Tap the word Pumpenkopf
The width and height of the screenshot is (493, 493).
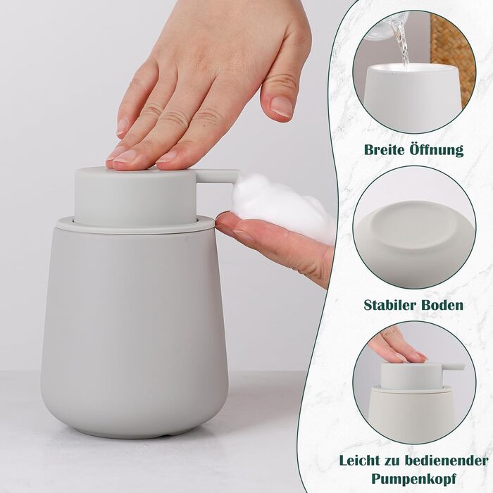pyautogui.click(x=414, y=479)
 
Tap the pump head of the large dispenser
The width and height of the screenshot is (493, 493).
pyautogui.click(x=136, y=196)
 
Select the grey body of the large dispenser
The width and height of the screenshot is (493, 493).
pyautogui.click(x=135, y=330)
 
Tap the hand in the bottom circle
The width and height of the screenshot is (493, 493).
pyautogui.click(x=396, y=346)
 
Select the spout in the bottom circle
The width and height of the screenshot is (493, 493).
pyautogui.click(x=452, y=367)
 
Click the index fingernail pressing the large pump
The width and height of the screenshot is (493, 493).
pyautogui.click(x=128, y=156)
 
